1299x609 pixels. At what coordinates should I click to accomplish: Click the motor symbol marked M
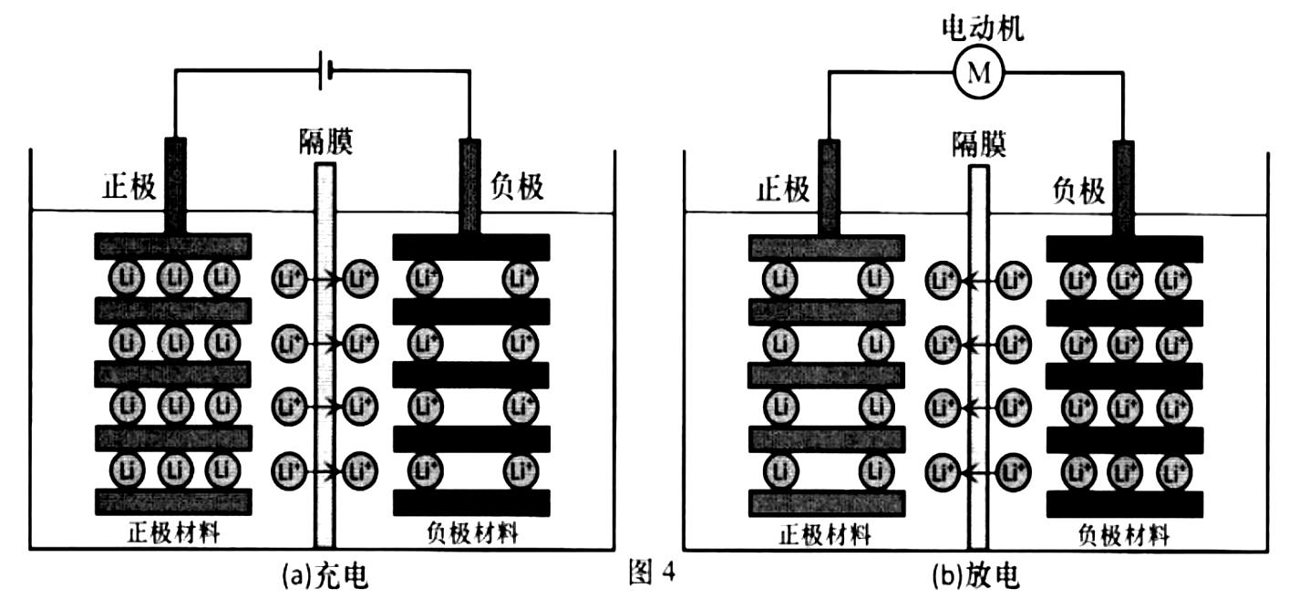(x=978, y=73)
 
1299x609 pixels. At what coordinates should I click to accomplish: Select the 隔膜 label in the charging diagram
(x=325, y=142)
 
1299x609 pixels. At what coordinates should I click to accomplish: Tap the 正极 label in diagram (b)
(x=783, y=189)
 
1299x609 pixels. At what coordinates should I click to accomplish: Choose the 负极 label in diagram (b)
(x=1078, y=191)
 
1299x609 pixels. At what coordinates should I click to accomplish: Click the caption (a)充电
(x=325, y=576)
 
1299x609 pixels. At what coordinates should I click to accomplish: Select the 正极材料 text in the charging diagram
(x=173, y=532)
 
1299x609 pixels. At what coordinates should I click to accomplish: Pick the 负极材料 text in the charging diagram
(x=471, y=532)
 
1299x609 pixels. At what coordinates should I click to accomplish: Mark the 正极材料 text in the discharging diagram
(x=826, y=532)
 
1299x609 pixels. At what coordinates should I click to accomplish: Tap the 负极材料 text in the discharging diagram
(x=1123, y=534)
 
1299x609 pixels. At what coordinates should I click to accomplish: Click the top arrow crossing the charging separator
(x=325, y=277)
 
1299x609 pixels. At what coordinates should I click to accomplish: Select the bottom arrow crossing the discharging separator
(x=978, y=471)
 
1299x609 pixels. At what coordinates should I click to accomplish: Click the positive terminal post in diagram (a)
(x=174, y=185)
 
